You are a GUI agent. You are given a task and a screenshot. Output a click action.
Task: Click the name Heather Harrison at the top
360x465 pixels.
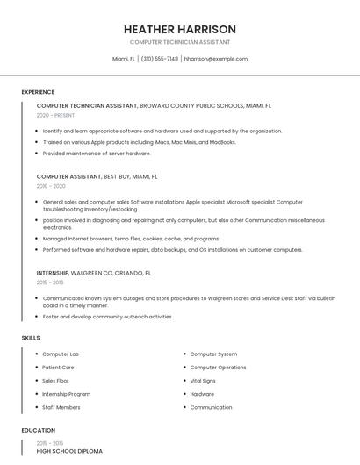(x=180, y=29)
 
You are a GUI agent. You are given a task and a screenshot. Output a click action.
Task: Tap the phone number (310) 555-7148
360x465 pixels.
(x=159, y=59)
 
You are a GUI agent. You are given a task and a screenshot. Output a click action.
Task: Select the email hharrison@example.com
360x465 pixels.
(x=215, y=59)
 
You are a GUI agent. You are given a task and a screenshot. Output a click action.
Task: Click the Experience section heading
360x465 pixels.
(x=38, y=92)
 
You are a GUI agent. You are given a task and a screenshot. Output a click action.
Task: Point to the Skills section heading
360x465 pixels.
(x=31, y=338)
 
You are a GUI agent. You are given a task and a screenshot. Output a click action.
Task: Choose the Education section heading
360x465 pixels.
(x=38, y=431)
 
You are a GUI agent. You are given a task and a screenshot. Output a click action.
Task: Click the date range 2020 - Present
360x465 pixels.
(x=56, y=115)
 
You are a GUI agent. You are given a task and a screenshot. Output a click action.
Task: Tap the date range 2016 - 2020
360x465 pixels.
(x=51, y=186)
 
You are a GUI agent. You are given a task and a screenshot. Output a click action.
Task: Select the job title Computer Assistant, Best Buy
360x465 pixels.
(x=97, y=176)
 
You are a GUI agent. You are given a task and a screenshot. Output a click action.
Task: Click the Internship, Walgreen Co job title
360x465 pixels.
(x=94, y=273)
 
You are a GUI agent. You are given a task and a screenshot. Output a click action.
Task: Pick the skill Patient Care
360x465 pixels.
(x=58, y=368)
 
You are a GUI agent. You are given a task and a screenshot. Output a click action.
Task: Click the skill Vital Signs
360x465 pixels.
(x=203, y=381)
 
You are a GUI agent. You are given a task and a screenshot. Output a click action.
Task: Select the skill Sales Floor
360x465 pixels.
(x=55, y=381)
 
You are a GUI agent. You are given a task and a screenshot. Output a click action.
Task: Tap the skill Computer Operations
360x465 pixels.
(x=218, y=368)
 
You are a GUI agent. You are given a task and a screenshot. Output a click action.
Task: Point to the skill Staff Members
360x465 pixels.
(x=61, y=407)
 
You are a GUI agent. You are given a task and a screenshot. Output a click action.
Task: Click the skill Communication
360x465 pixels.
(x=211, y=407)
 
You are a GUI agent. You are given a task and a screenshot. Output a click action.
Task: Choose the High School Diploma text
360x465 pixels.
(x=69, y=451)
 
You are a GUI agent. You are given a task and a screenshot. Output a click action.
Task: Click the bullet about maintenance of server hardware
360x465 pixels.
(x=97, y=153)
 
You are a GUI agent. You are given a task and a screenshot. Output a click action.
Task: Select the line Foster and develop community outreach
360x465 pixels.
(x=107, y=317)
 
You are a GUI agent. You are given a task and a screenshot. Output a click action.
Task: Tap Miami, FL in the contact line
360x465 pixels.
(x=124, y=59)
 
